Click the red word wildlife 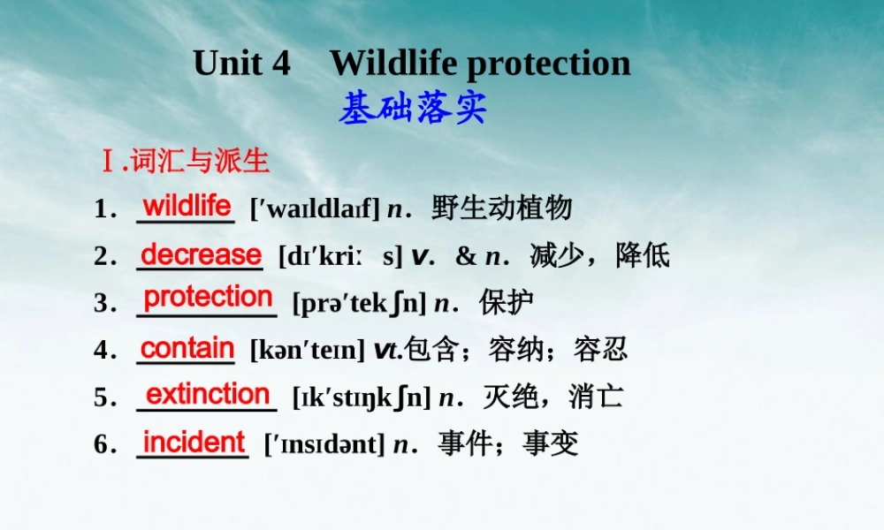point(187,206)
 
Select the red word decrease point(201,254)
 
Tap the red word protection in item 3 point(208,297)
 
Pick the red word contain point(187,348)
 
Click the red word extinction point(208,394)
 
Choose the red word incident point(194,442)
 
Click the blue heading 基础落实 point(412,108)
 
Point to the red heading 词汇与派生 point(200,161)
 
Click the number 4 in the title point(281,63)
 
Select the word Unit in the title point(228,63)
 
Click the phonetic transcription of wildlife point(316,209)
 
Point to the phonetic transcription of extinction point(362,397)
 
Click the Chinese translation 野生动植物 point(502,208)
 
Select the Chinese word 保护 point(507,302)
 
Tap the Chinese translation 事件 point(466,443)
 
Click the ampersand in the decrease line point(466,256)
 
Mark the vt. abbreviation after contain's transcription point(388,351)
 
